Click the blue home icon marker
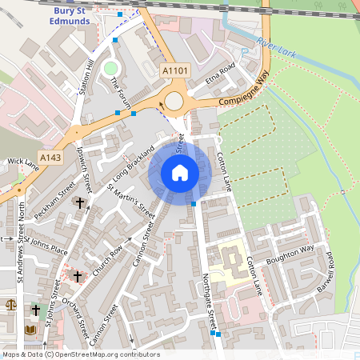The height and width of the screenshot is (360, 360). [180, 173]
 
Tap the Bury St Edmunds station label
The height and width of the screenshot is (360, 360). [82, 16]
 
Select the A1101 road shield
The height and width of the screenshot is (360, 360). [175, 71]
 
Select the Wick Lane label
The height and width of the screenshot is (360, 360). [22, 162]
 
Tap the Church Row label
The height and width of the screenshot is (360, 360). [106, 259]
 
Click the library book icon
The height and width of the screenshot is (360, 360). [30, 330]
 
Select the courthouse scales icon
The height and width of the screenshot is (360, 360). [10, 305]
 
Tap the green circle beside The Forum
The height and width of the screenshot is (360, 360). [110, 68]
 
